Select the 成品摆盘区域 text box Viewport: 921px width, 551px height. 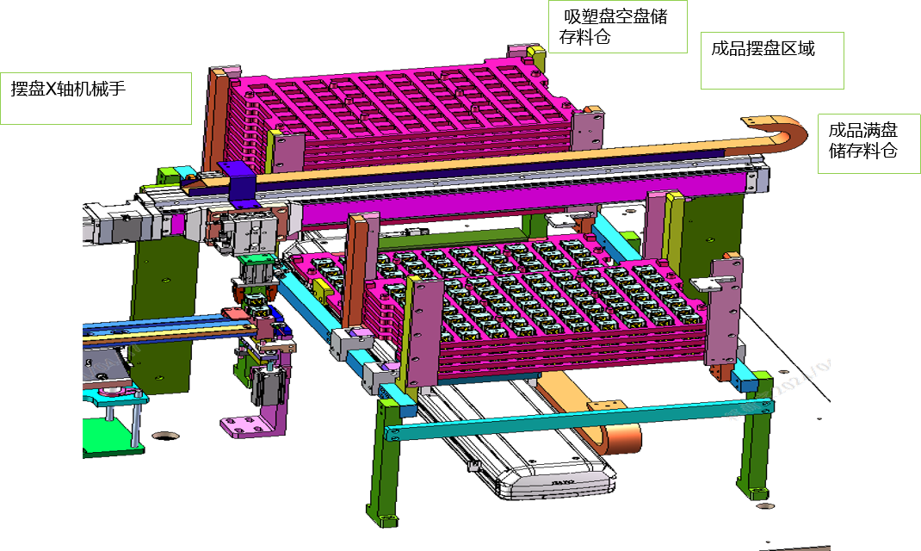tap(772, 60)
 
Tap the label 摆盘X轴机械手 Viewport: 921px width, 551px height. tap(68, 89)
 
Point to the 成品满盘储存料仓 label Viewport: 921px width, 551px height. tap(862, 140)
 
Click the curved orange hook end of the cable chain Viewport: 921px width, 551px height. tap(784, 133)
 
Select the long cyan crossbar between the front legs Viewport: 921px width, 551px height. tap(578, 419)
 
